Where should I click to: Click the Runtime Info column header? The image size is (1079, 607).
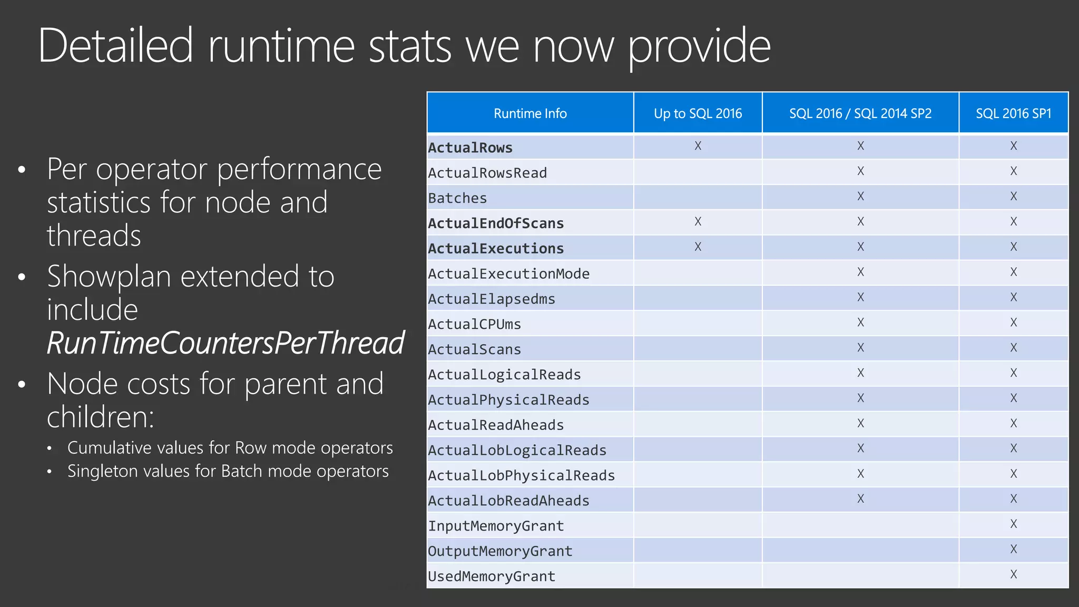(x=530, y=113)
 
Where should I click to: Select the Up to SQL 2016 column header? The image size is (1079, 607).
(x=698, y=113)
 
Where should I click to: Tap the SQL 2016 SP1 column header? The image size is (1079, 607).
(x=1013, y=113)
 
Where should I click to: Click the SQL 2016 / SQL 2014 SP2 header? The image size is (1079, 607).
(x=860, y=113)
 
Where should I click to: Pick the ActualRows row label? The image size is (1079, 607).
(x=470, y=148)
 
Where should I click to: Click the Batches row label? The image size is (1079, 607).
(x=457, y=198)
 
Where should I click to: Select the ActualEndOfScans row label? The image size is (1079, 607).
(x=496, y=223)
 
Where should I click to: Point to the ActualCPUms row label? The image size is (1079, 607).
(x=474, y=324)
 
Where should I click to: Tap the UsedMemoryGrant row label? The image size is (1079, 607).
(x=492, y=576)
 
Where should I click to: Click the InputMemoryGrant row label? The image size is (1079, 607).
(x=496, y=526)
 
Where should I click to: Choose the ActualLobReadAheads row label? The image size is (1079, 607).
(x=508, y=501)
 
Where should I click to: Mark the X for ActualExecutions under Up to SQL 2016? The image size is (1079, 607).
(x=698, y=247)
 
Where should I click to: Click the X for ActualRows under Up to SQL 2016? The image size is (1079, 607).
(x=698, y=146)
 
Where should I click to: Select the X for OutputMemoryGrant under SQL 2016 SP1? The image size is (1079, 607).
(x=1013, y=549)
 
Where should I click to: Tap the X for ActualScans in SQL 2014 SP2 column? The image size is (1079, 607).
(x=860, y=348)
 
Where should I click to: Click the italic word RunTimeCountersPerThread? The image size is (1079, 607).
(x=225, y=343)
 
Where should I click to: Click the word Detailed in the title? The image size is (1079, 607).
(x=116, y=46)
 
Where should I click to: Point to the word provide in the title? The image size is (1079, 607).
(x=699, y=46)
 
